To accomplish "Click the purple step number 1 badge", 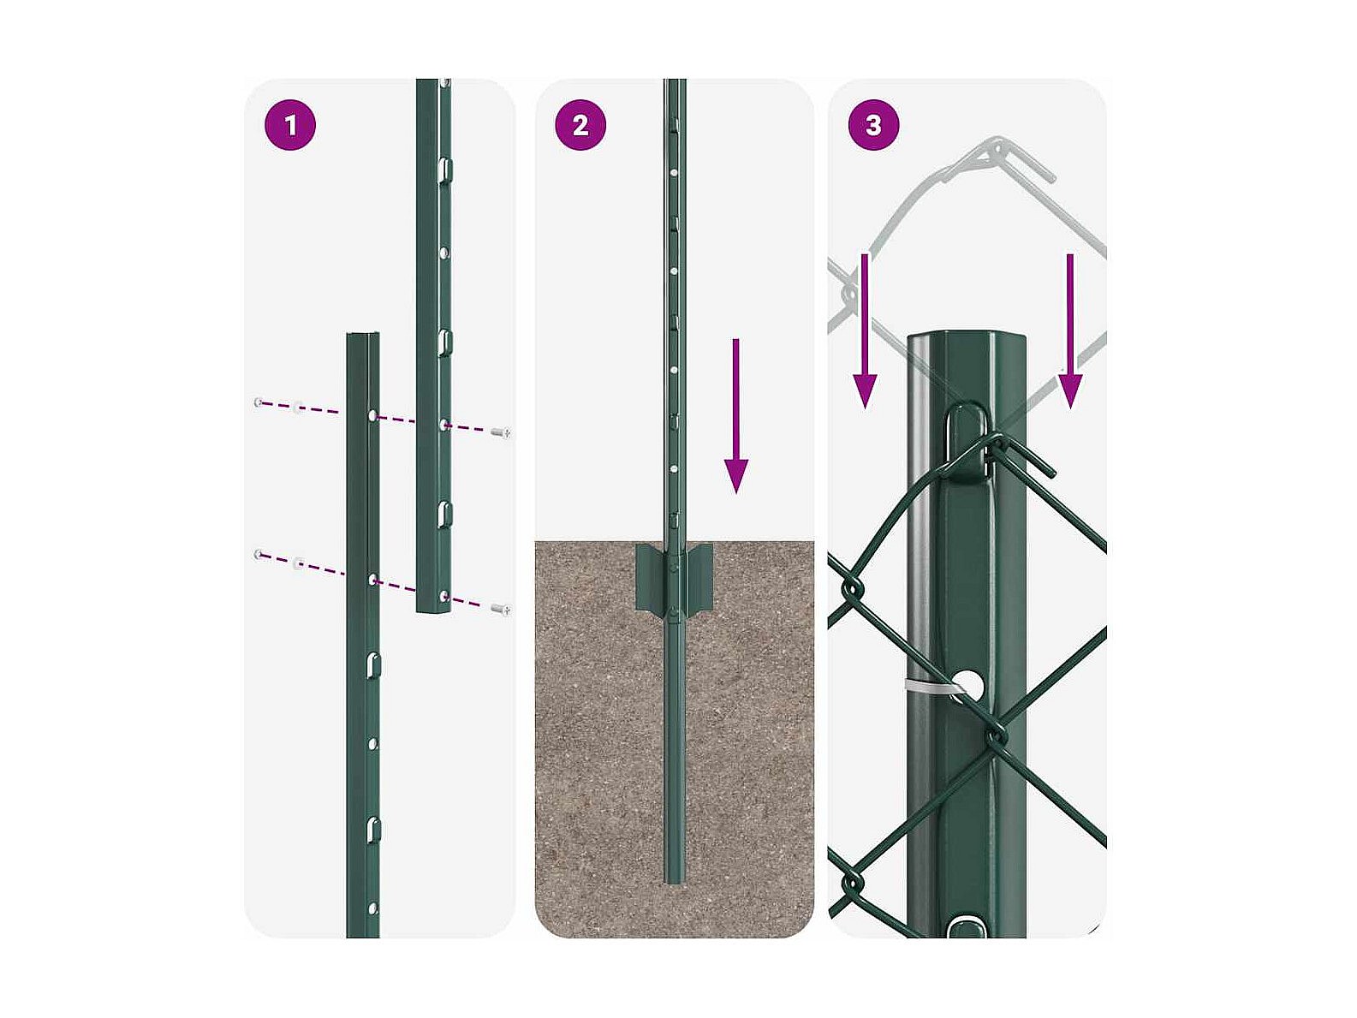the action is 290,125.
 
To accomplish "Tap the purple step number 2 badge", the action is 580,125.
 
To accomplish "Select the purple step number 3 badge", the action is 873,125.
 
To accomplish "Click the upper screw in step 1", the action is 501,432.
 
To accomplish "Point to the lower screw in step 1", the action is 501,610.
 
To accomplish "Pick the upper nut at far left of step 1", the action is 259,402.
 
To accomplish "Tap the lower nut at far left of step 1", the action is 259,555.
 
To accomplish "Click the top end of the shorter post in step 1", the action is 363,335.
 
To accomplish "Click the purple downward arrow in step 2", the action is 735,415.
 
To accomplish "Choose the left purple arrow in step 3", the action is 865,331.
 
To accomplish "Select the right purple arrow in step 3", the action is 1070,331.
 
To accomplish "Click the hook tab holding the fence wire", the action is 966,442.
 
